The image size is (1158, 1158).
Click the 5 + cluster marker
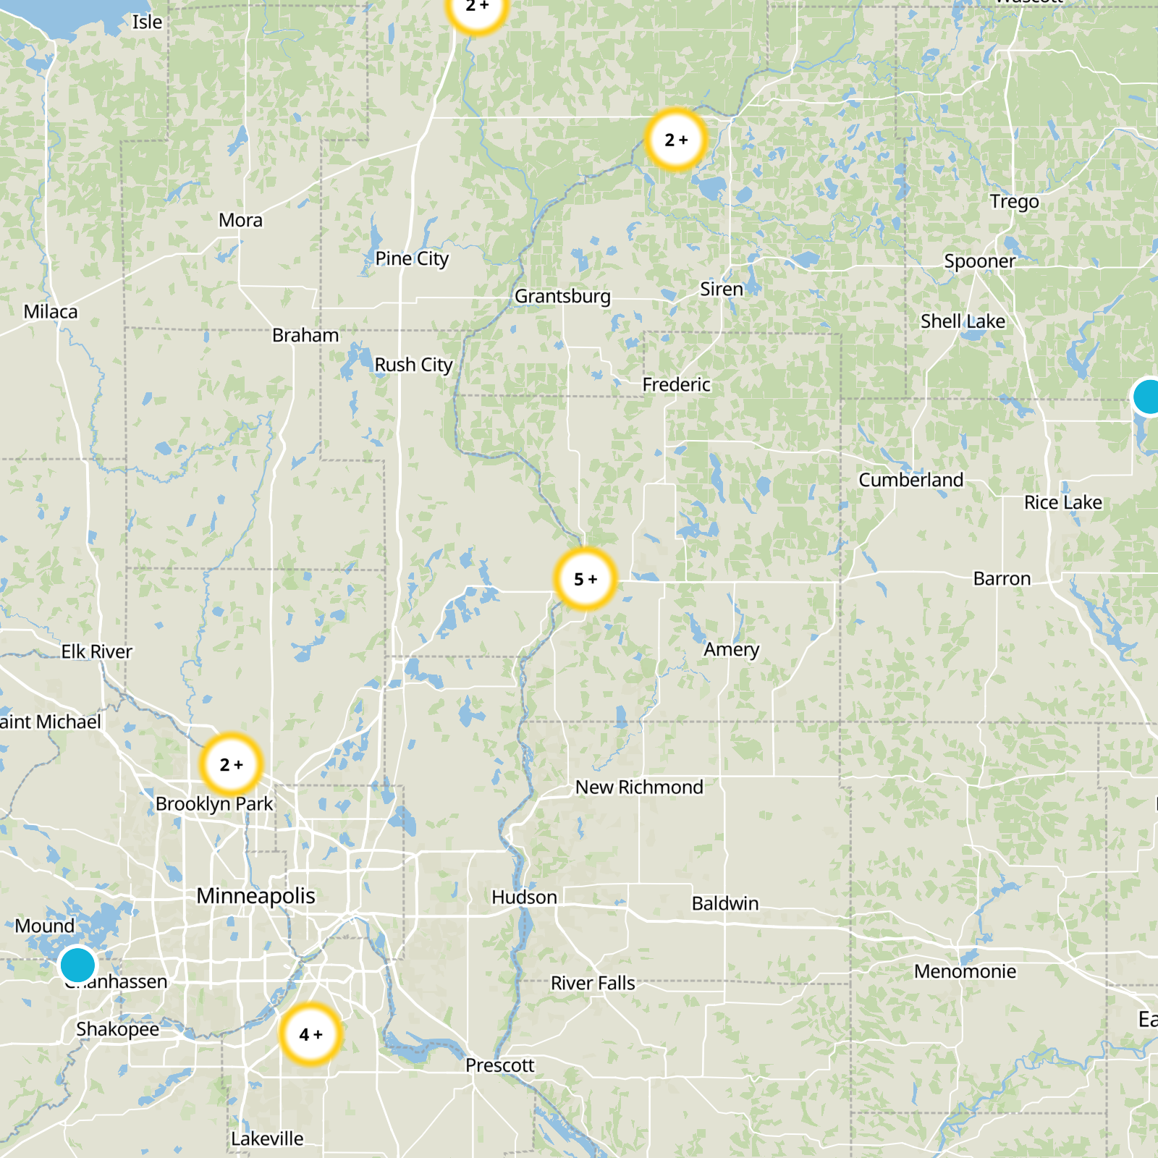coord(586,579)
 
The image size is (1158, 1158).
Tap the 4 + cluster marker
coord(310,1034)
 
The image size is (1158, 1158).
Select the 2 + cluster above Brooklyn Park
coord(231,764)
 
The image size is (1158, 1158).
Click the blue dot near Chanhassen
coord(77,965)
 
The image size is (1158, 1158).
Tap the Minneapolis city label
coord(255,896)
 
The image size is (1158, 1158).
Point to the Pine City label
coord(412,258)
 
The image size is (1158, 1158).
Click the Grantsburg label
coord(562,296)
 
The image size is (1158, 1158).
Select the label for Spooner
coord(979,261)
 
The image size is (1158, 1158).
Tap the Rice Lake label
coord(1062,502)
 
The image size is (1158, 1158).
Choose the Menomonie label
coord(965,971)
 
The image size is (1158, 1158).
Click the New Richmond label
coord(639,787)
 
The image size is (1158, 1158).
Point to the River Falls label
coord(593,983)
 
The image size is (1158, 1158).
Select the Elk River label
coord(96,651)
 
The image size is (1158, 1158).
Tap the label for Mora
coord(240,220)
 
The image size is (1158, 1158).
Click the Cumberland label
coord(910,480)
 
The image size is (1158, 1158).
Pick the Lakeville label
coord(267,1138)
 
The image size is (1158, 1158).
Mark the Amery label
coord(731,649)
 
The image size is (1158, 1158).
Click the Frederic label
coord(676,384)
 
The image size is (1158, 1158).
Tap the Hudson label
coord(524,897)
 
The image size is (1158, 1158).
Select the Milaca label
coord(50,312)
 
